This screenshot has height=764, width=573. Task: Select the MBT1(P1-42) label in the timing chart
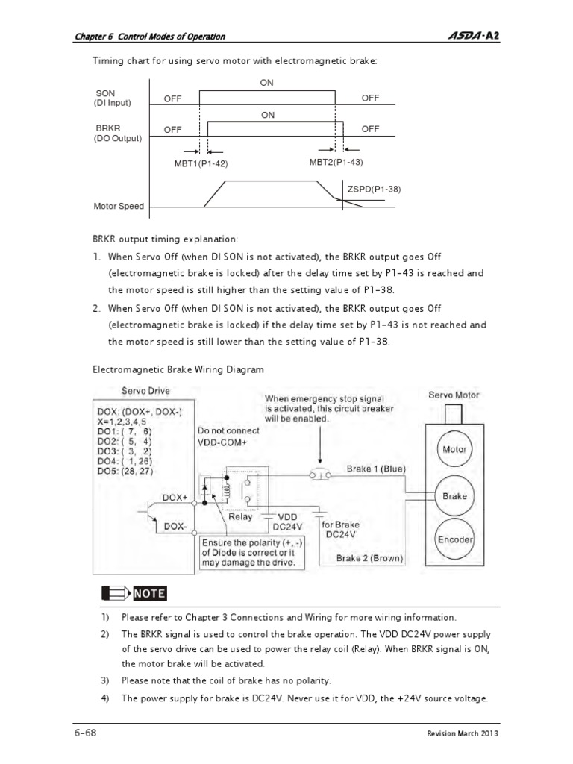click(x=201, y=163)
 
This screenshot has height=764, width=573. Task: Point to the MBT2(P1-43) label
click(x=336, y=162)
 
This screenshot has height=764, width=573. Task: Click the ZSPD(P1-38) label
click(x=374, y=189)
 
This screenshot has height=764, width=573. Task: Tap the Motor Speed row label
click(x=119, y=206)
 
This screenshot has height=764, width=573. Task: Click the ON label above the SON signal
click(x=267, y=83)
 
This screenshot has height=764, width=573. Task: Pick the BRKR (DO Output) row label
click(x=117, y=133)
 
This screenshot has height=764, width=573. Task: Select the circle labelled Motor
click(x=454, y=450)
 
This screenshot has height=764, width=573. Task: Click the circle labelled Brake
click(x=454, y=496)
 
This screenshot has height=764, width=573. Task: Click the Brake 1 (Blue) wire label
click(x=375, y=469)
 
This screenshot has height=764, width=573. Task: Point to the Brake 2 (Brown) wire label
click(x=369, y=558)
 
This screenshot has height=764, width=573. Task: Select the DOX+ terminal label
click(x=175, y=497)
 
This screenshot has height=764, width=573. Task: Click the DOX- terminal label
click(x=175, y=526)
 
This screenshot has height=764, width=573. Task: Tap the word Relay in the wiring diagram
click(x=240, y=516)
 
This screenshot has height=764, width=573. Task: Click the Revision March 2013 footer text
click(x=462, y=733)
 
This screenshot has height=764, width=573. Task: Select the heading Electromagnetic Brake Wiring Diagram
click(x=178, y=369)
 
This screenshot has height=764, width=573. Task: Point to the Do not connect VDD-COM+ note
click(x=228, y=436)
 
